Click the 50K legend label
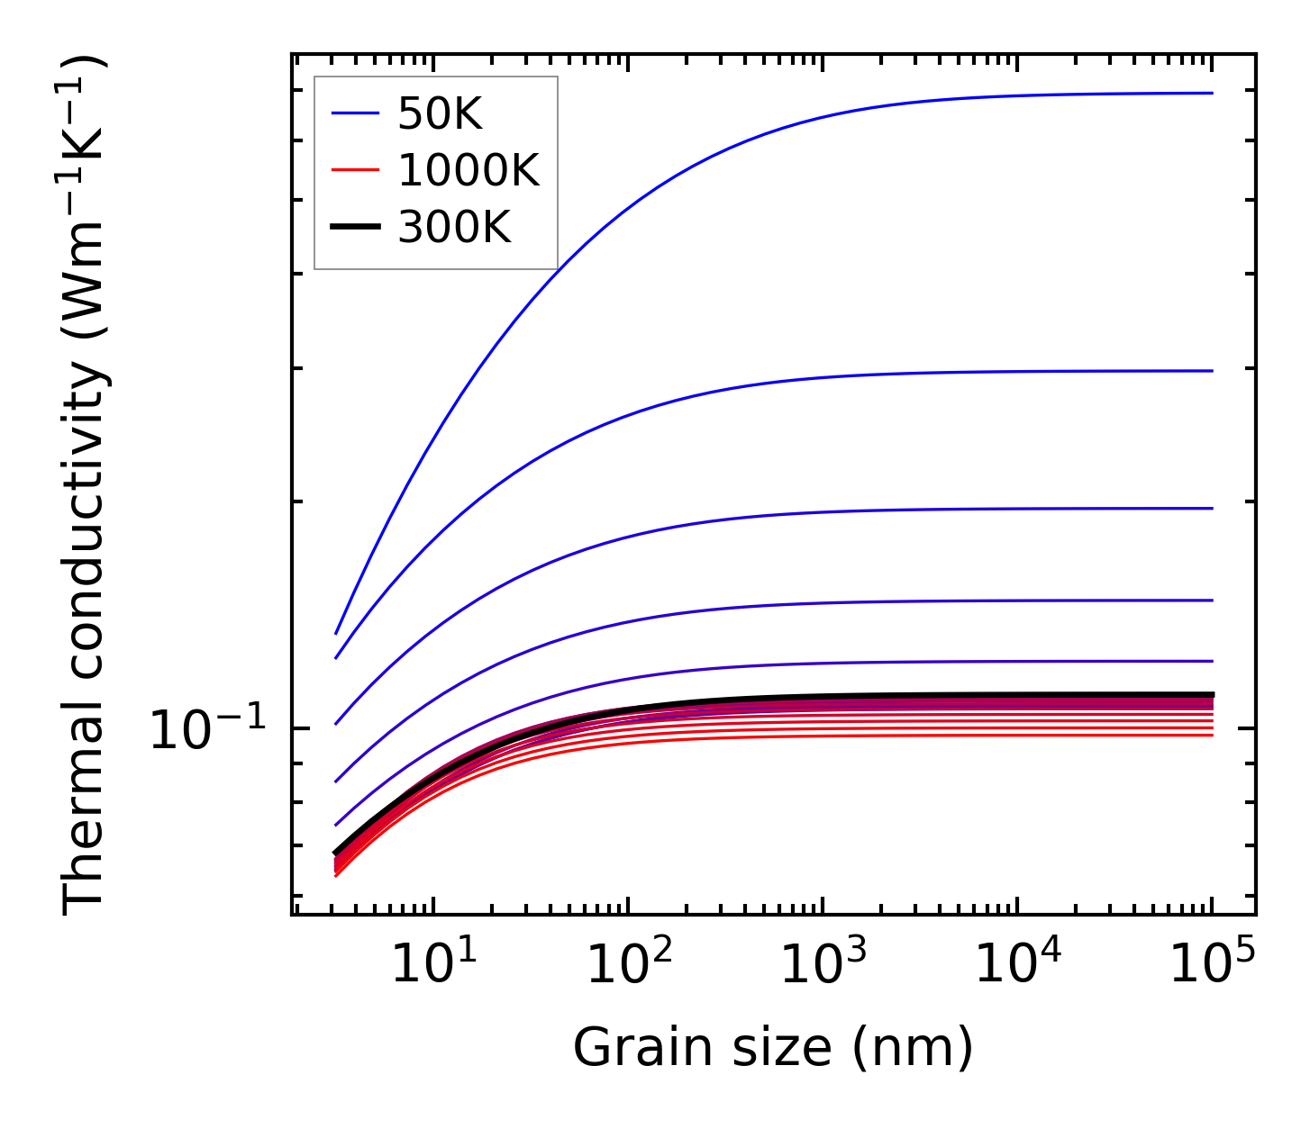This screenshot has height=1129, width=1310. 441,114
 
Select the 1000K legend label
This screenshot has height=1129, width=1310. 469,170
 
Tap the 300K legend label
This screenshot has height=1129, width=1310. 454,228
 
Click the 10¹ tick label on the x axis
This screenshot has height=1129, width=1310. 434,965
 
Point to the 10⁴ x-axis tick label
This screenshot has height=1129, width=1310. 1017,965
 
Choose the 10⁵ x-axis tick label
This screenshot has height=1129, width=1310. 1212,965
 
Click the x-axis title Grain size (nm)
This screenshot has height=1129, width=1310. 773,1048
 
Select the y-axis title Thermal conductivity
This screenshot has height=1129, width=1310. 85,486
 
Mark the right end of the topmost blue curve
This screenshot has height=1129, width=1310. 1212,93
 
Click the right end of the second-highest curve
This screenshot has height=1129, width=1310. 1212,371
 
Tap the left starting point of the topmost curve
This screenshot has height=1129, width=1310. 336,634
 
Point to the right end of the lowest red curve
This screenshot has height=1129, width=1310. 1212,736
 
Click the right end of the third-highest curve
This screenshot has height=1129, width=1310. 1212,509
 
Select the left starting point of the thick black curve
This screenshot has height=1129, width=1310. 336,853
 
